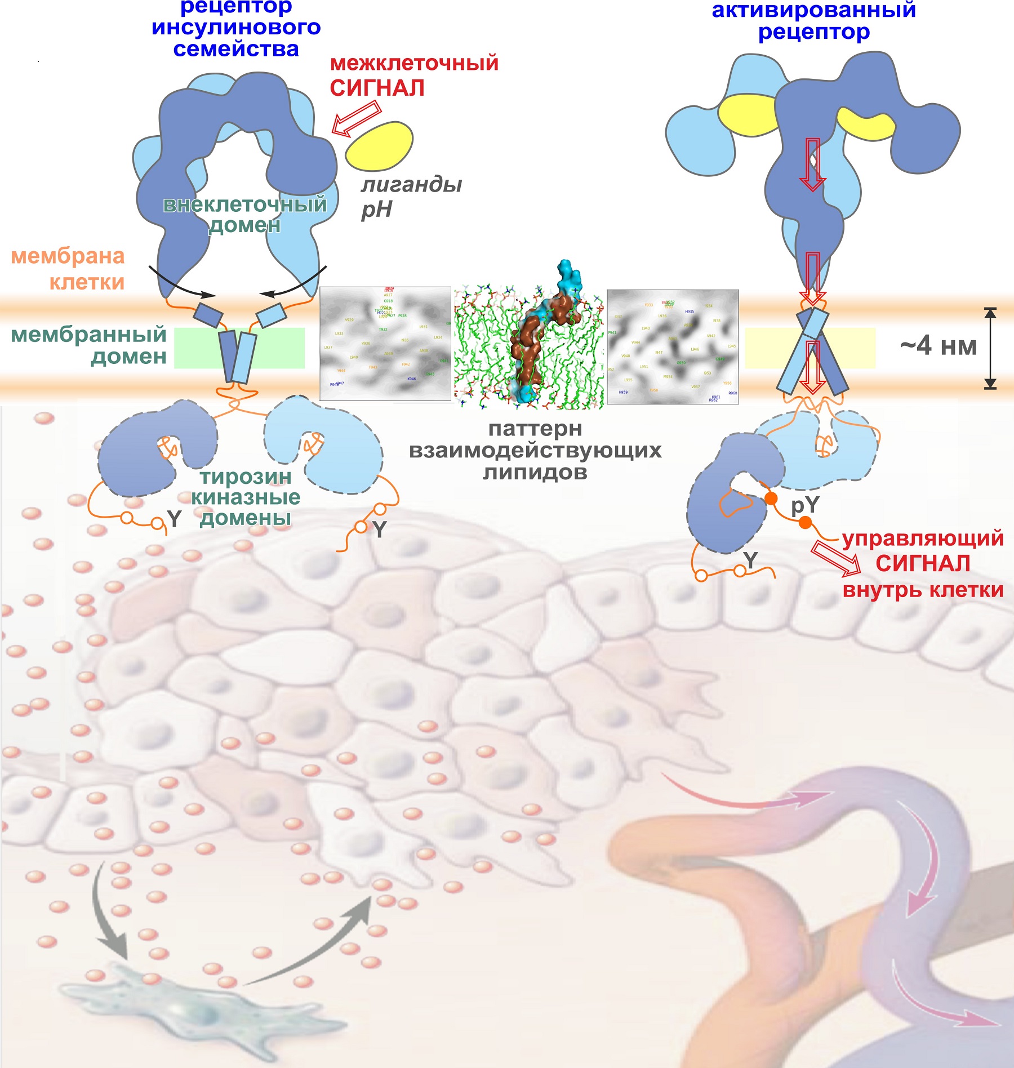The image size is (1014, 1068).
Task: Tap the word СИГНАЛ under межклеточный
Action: point(377,88)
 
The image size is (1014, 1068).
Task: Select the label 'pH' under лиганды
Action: point(376,210)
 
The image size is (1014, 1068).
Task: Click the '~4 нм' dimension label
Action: point(938,346)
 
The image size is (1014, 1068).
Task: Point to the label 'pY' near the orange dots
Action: point(804,505)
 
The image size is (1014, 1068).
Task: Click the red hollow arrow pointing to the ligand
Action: point(356,118)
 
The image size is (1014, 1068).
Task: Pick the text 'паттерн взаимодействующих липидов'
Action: point(535,450)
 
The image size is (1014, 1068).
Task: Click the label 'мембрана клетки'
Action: point(69,269)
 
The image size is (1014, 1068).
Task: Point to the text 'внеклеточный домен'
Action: point(244,215)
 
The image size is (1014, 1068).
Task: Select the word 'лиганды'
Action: point(411,184)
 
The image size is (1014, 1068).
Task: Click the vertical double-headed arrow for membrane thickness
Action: point(990,348)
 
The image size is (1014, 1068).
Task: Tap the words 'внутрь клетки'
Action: point(923,590)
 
